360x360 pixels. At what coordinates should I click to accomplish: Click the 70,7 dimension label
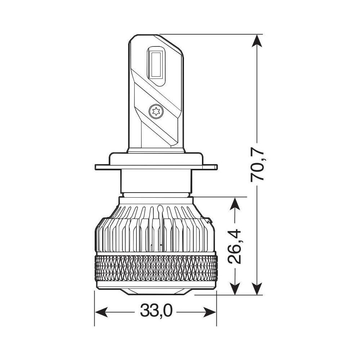(258, 164)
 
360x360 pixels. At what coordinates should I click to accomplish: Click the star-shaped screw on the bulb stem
(156, 111)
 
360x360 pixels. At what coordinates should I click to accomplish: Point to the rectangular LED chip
(156, 64)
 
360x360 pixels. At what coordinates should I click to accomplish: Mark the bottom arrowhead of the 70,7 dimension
(257, 289)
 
